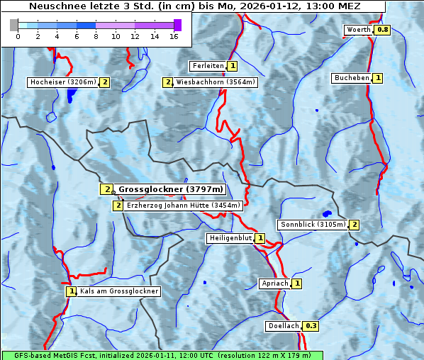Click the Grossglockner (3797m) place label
pos(170,189)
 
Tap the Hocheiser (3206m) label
pos(62,82)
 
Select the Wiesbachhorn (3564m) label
pos(216,82)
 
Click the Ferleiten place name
pos(208,66)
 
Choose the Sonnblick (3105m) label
pos(313,225)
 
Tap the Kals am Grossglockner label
pos(118,291)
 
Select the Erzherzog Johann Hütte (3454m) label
pos(184,206)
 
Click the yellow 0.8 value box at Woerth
pos(382,30)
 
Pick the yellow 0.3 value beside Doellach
pos(311,327)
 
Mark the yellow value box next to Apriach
pos(296,283)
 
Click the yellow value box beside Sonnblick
pos(354,225)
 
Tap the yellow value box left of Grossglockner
pos(106,189)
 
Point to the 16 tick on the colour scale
pos(174,36)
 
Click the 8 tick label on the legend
pos(96,36)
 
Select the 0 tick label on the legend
pos(18,36)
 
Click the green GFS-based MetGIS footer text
pos(162,355)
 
